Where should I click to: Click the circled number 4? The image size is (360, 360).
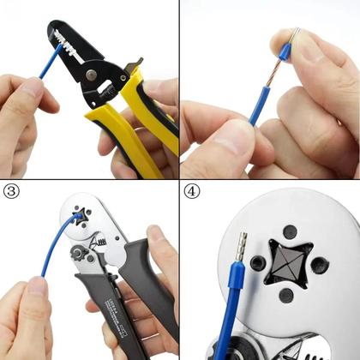pyautogui.click(x=191, y=191)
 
